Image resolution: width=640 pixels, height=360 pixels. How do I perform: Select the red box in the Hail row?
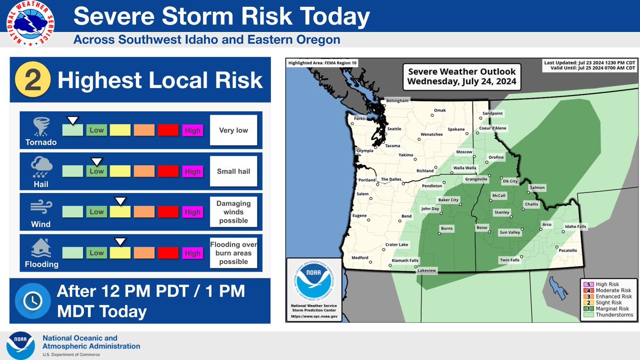coord(168,171)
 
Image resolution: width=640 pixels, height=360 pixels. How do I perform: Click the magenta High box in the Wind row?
coord(192,212)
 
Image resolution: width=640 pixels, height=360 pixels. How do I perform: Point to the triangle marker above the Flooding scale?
coord(121,242)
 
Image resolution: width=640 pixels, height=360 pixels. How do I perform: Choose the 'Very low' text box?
coord(234,130)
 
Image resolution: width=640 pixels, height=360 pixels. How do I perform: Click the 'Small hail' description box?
coord(234,171)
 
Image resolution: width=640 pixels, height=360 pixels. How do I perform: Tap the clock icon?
coord(30,300)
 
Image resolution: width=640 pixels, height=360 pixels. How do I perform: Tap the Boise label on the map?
coord(482,228)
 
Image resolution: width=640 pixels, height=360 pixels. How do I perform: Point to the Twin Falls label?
coord(509,260)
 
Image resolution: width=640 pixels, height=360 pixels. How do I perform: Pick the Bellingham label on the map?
coord(397,101)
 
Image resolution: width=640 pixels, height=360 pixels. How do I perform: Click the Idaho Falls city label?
coord(575,227)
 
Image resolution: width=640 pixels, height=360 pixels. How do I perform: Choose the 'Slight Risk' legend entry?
coord(611,302)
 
